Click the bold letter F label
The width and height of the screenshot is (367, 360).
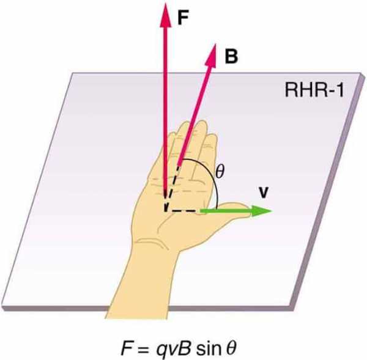click(183, 18)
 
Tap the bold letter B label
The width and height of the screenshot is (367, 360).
click(231, 56)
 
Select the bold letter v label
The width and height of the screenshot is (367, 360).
click(264, 193)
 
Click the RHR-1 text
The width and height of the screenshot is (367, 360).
click(314, 90)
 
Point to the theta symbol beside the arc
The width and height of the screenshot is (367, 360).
click(220, 172)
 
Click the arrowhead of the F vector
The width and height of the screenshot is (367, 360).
click(166, 15)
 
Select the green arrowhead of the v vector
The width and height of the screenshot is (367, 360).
click(262, 211)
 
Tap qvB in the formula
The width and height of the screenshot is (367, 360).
click(174, 348)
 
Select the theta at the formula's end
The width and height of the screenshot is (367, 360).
click(231, 348)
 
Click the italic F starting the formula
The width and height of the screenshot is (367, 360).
click(127, 348)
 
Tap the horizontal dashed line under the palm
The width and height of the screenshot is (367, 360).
click(182, 211)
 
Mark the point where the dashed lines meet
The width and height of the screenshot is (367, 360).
click(166, 211)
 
